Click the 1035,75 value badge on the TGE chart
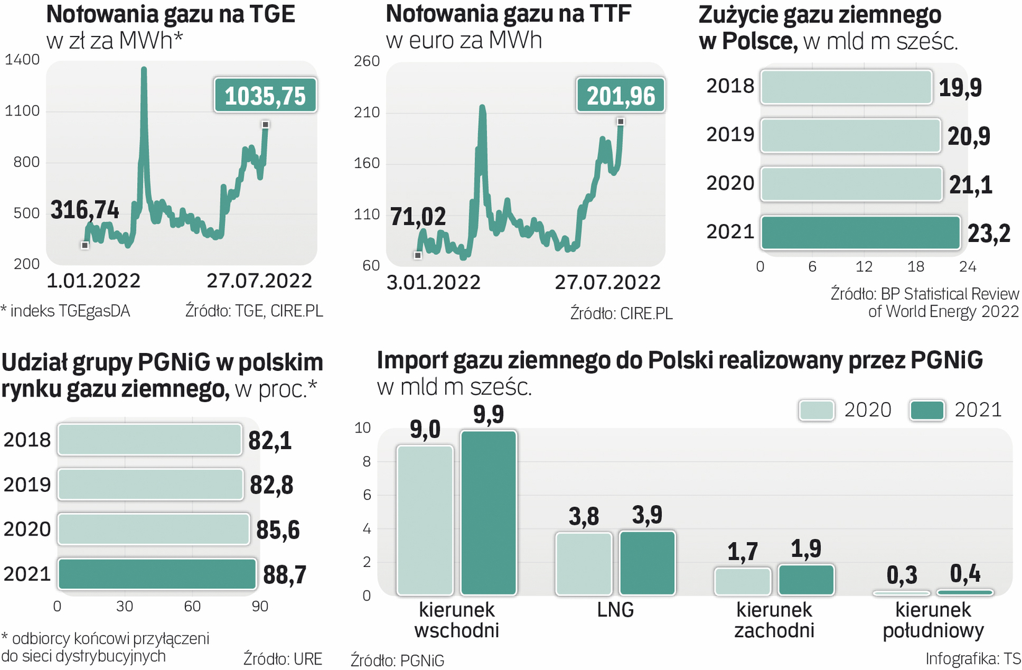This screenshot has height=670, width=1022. [265, 96]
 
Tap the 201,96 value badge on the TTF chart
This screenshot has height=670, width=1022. [620, 96]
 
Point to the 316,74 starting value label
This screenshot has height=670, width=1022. [84, 210]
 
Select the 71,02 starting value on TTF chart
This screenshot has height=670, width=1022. [418, 217]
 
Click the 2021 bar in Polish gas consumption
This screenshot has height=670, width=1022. [860, 233]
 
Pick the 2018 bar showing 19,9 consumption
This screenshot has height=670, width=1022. [846, 87]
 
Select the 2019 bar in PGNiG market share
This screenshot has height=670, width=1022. [150, 485]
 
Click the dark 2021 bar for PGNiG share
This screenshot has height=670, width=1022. [157, 574]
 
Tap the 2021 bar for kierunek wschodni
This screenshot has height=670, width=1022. [489, 512]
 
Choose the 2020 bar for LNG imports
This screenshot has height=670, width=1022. [584, 563]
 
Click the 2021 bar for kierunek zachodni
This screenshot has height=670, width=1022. [806, 579]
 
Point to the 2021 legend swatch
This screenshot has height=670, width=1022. [926, 410]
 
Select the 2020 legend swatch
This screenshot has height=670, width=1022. [816, 410]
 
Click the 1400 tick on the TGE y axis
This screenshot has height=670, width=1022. [22, 60]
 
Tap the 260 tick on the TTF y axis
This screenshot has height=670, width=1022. [367, 61]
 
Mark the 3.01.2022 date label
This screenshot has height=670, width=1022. [433, 283]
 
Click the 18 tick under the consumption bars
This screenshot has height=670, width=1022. [915, 267]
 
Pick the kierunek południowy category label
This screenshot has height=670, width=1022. [933, 620]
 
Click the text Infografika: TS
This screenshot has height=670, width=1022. [972, 659]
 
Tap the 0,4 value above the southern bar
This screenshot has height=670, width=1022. [965, 574]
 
